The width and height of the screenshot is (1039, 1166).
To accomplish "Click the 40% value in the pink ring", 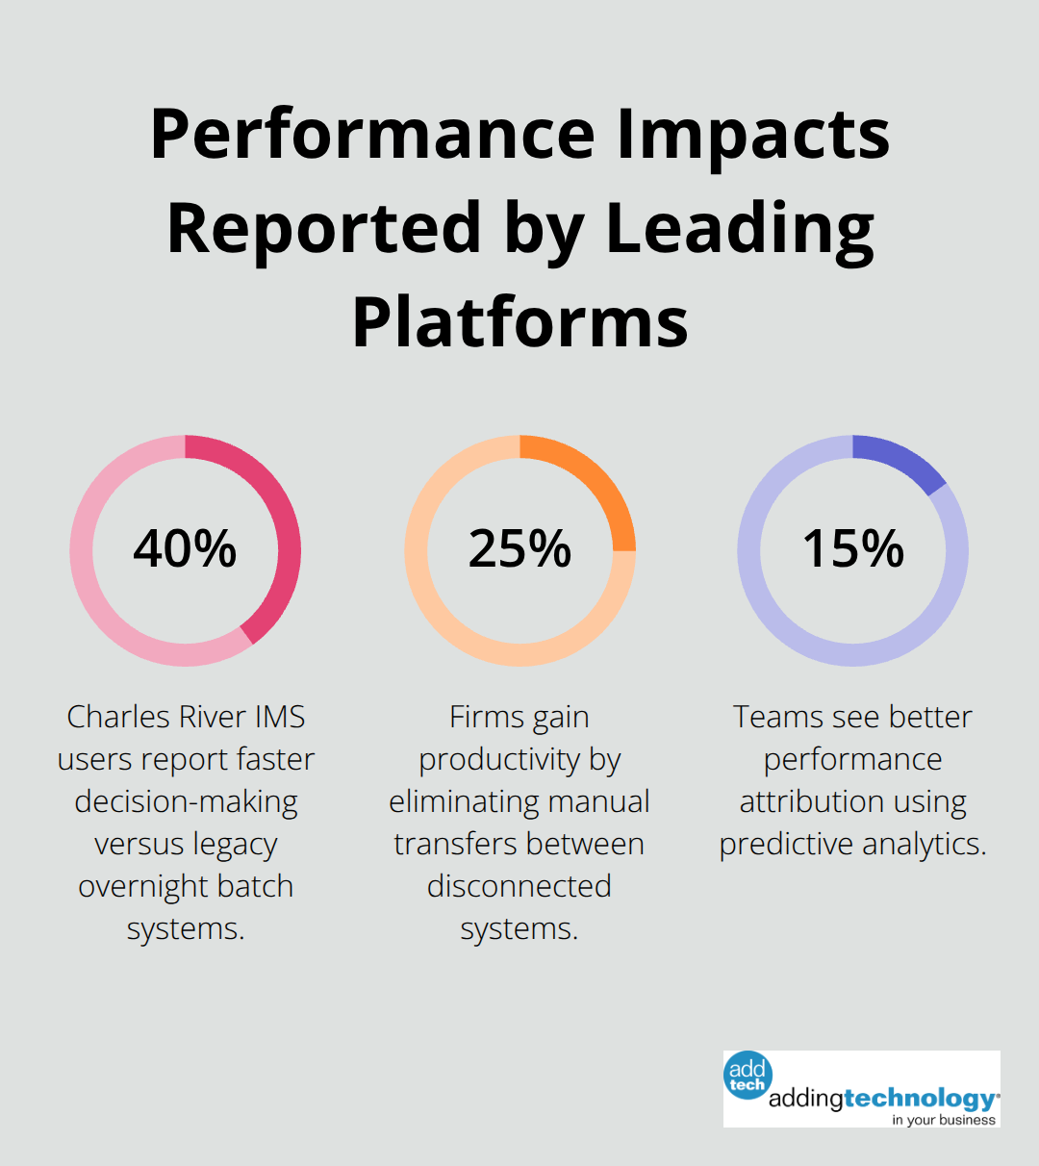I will click(x=185, y=549).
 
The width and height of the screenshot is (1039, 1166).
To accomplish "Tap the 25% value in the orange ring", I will click(x=519, y=549).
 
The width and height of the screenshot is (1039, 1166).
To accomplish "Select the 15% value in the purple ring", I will click(x=853, y=549).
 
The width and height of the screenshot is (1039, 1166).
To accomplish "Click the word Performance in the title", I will click(x=374, y=135).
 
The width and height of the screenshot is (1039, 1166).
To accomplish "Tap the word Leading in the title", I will click(x=740, y=228).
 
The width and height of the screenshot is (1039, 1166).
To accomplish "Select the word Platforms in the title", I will click(x=519, y=321).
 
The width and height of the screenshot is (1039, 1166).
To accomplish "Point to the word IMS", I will click(x=280, y=717).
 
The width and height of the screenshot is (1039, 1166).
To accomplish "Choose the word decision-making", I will click(x=186, y=801).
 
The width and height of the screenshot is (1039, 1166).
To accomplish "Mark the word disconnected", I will click(x=519, y=886).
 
